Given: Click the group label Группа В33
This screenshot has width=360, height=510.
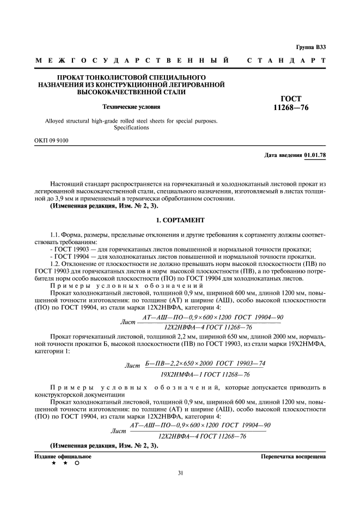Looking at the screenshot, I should coord(311,47).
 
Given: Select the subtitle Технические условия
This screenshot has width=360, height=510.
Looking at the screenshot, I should coord(130,107).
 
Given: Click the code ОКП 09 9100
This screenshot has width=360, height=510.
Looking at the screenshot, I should coord(52,141).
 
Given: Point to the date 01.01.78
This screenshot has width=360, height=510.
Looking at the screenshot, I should coord(315,155).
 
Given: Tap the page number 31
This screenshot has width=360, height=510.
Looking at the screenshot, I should coord(180,472).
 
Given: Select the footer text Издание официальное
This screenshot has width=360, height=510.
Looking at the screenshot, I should coord(64,456).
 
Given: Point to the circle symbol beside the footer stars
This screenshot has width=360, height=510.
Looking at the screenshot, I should coord(77,463).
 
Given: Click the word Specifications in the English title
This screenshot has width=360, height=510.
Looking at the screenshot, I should coord(130,127).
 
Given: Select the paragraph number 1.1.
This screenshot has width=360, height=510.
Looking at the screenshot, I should coord(56,234).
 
